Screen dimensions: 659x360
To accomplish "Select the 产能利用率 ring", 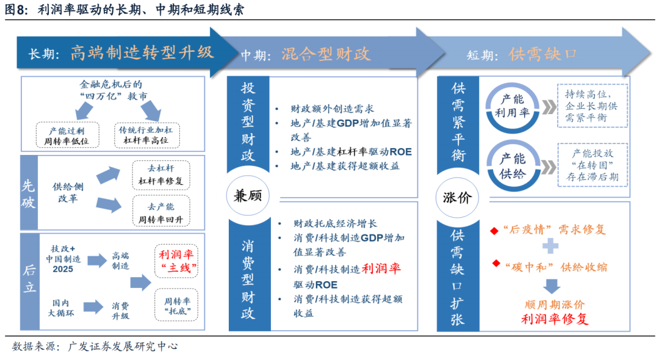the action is click(513, 104).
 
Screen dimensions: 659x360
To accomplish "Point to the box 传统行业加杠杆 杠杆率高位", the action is click(145, 135).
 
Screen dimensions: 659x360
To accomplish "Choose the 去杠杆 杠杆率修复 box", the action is click(160, 175).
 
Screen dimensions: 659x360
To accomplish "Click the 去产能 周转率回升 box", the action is click(160, 212).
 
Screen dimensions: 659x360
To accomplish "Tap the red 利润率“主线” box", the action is click(176, 261).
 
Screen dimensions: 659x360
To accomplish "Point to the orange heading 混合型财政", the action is click(326, 54).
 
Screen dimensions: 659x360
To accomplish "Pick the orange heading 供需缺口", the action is click(543, 54).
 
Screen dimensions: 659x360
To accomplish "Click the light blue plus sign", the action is click(551, 246).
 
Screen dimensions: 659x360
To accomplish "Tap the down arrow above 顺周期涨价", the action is click(552, 285).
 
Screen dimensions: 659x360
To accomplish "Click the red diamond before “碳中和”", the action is click(496, 264).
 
